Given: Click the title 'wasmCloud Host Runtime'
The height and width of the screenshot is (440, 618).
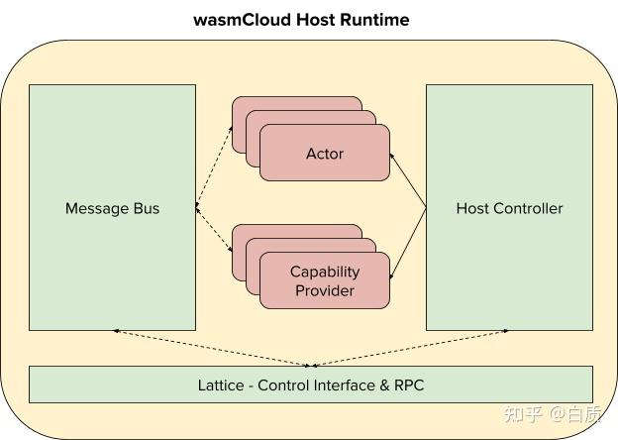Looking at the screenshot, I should point(301,20).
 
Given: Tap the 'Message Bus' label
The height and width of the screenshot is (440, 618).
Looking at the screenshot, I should point(112,208).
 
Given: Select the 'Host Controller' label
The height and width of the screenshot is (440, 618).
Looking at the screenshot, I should point(509,208).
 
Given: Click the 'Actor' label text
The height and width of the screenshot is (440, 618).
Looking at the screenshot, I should point(325,154).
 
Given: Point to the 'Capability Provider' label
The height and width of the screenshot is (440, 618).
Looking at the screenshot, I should point(325,281).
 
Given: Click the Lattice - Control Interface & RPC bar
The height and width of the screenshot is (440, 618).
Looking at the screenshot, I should point(310,385).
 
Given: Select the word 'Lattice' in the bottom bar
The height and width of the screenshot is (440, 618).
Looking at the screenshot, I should point(221,385).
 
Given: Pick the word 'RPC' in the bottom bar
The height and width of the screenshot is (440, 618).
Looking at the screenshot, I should point(407,385).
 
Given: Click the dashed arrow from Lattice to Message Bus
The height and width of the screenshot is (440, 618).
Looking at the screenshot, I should point(213,348).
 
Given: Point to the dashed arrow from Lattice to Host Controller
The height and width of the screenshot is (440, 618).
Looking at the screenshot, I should point(411,348).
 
